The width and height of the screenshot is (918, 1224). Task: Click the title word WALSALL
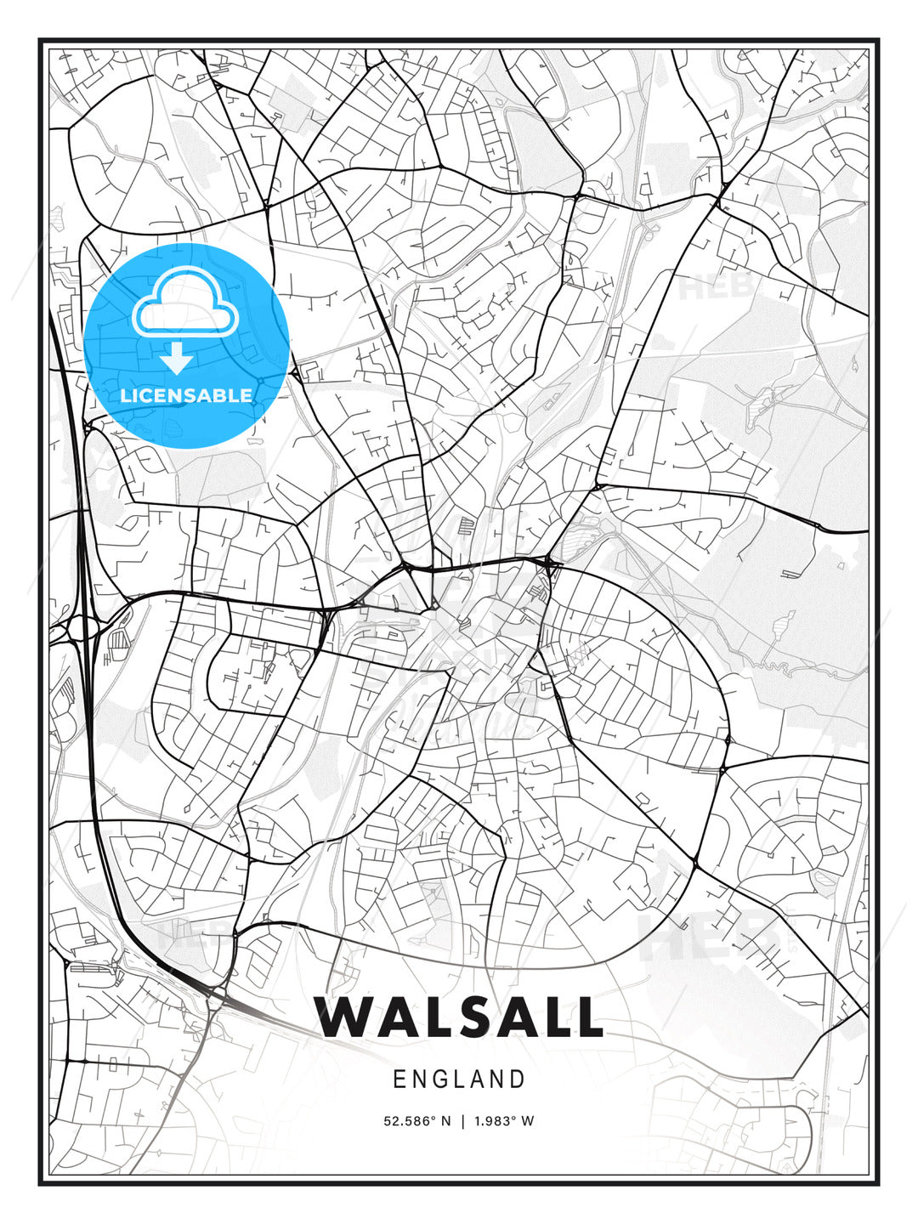[x=458, y=1017]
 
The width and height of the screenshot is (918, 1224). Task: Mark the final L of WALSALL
[x=586, y=1017]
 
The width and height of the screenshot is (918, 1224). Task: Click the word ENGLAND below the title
[x=459, y=1079]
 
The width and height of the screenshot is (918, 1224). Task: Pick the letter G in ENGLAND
[x=440, y=1079]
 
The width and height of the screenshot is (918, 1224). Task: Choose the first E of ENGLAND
[x=399, y=1079]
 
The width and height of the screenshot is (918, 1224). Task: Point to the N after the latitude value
[x=446, y=1121]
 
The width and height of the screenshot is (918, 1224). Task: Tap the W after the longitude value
[x=528, y=1121]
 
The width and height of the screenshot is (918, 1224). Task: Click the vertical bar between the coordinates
[x=462, y=1121]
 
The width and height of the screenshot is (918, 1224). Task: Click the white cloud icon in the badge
[x=183, y=303]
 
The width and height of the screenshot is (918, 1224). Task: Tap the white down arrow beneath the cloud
[x=176, y=359]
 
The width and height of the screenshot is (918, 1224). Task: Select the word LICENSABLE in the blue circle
[x=186, y=395]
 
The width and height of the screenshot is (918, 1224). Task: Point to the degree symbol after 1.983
[x=516, y=1118]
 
